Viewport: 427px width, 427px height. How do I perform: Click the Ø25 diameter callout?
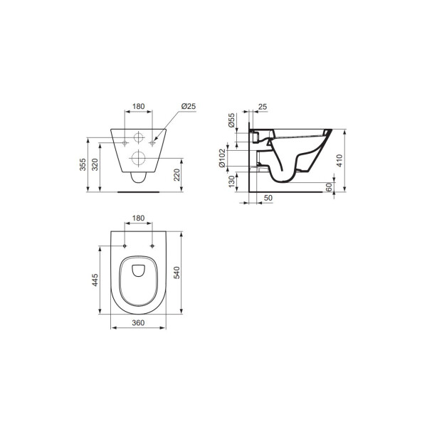189,106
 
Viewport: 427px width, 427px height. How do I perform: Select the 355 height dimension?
83,164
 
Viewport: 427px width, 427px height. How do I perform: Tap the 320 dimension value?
95,164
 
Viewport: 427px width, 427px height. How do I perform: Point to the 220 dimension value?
176,175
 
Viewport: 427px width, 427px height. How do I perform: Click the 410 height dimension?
339,161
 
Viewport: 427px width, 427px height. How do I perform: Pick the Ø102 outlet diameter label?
222,158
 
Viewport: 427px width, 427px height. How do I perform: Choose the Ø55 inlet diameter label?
231,120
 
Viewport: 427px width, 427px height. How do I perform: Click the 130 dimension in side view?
231,181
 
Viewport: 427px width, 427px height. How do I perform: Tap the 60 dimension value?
329,187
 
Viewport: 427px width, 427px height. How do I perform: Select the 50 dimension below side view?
268,198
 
